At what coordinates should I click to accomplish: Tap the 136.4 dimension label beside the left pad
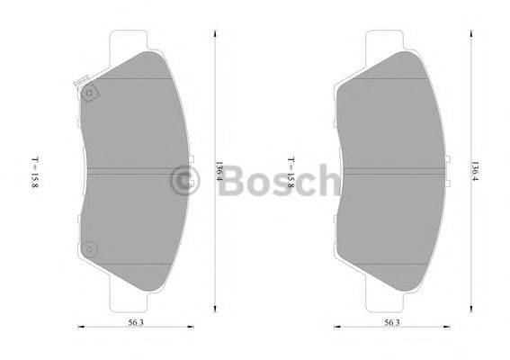tap(219, 171)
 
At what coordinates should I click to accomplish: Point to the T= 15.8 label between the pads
tap(290, 171)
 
